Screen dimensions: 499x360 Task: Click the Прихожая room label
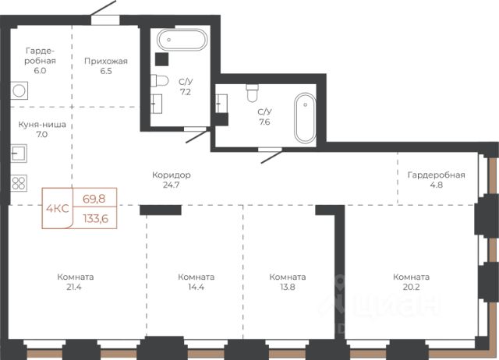point(106,61)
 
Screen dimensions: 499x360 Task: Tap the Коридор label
point(172,175)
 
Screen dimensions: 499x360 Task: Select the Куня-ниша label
point(42,125)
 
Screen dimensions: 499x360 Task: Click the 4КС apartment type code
point(58,209)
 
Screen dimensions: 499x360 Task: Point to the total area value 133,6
point(96,218)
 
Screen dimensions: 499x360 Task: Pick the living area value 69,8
point(94,199)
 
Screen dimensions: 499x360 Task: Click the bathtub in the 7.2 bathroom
point(182,40)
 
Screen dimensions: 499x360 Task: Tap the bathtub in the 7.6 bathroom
point(305,118)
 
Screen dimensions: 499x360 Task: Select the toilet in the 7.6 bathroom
point(253,94)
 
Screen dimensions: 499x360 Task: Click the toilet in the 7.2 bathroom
point(159,80)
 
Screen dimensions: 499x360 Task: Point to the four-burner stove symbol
point(19,183)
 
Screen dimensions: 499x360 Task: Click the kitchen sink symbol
point(19,154)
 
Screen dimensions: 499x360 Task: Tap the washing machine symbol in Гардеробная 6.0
point(19,90)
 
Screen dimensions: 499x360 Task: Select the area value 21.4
point(74,288)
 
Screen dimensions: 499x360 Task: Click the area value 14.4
point(196,288)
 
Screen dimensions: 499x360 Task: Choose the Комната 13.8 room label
point(288,282)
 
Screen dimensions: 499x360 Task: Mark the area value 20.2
point(411,288)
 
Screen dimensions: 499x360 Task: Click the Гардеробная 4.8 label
point(437,180)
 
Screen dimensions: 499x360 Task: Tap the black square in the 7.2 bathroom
point(161,59)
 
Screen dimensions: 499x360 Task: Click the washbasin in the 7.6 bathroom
point(221,104)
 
